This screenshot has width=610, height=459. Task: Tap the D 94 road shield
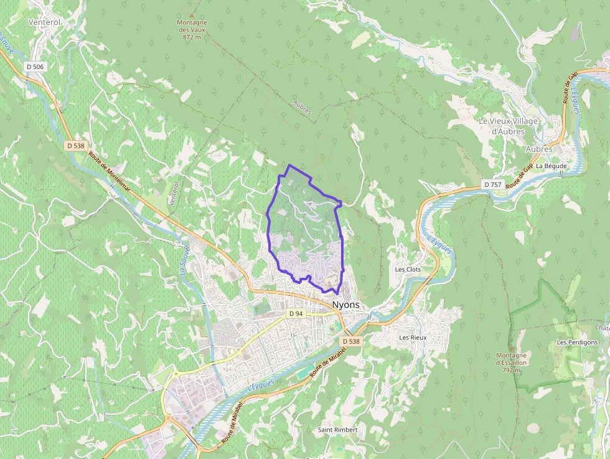click(296, 313)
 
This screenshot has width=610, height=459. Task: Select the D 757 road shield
click(492, 184)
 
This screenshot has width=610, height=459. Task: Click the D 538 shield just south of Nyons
click(350, 341)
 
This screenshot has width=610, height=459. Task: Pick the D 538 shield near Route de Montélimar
click(75, 145)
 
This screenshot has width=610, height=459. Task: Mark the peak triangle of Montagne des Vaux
click(192, 16)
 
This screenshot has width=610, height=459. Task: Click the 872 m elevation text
click(192, 37)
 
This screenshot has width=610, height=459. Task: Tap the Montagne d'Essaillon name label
click(511, 359)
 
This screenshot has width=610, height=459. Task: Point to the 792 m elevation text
click(511, 370)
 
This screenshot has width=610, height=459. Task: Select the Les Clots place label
click(408, 269)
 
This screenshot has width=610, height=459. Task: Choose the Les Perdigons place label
click(577, 342)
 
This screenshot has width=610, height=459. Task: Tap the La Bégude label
click(551, 166)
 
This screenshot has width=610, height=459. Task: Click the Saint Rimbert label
click(337, 430)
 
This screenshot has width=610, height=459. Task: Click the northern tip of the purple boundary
click(289, 165)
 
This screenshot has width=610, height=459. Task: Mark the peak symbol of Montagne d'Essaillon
click(511, 348)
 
